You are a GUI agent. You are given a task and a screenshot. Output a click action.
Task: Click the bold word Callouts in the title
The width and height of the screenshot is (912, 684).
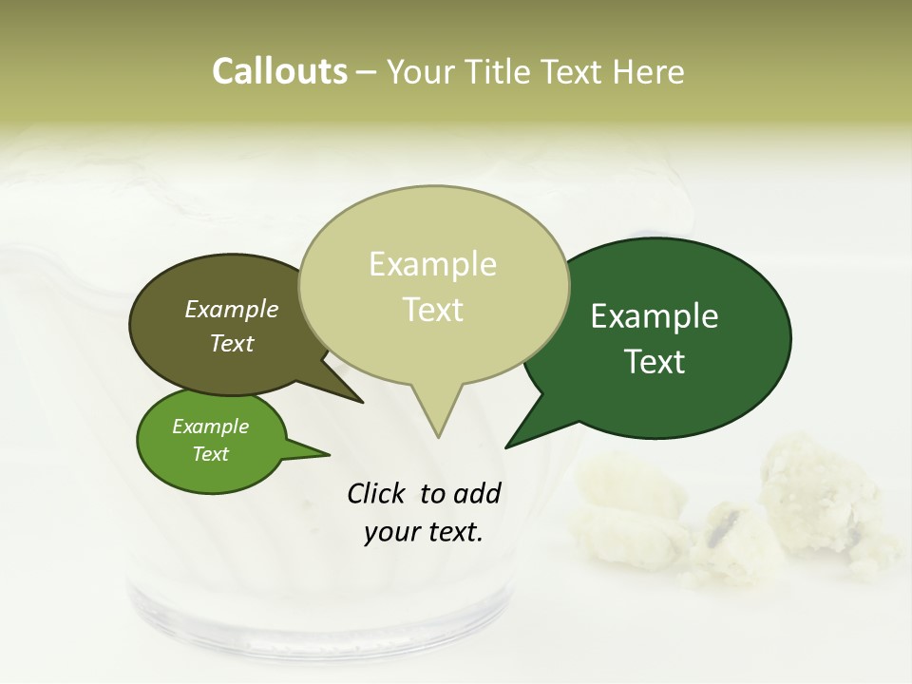pyautogui.click(x=279, y=71)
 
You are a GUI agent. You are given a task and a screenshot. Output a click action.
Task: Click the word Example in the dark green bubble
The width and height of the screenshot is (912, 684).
pyautogui.click(x=655, y=316)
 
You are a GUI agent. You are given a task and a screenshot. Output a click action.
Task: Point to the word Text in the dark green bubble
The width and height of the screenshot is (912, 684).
pyautogui.click(x=655, y=362)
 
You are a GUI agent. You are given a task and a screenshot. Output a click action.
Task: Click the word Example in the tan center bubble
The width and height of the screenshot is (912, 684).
pyautogui.click(x=433, y=264)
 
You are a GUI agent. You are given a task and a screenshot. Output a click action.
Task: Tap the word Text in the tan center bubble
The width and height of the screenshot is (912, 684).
pyautogui.click(x=433, y=310)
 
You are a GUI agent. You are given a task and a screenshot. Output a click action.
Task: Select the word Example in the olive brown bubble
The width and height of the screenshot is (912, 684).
pyautogui.click(x=232, y=309)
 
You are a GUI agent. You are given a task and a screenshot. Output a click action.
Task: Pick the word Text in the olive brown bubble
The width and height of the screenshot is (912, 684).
pyautogui.click(x=232, y=343)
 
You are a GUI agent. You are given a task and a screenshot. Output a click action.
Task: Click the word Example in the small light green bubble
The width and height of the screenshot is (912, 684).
pyautogui.click(x=211, y=427)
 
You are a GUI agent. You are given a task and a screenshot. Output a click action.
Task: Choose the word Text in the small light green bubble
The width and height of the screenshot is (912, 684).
pyautogui.click(x=211, y=454)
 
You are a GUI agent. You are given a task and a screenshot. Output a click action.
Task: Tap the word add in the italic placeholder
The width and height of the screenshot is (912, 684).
pyautogui.click(x=477, y=493)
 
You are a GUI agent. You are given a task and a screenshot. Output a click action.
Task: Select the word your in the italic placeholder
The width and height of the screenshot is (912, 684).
pyautogui.click(x=390, y=532)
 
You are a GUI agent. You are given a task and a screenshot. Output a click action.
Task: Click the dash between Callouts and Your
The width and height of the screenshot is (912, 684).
pyautogui.click(x=368, y=72)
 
